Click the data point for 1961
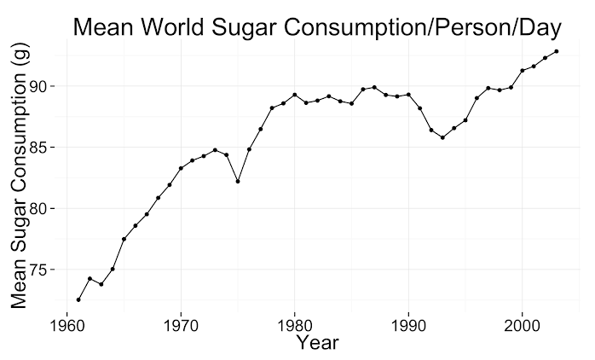(x=78, y=299)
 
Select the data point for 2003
(x=557, y=51)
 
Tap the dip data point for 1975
(x=238, y=181)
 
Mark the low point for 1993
(x=442, y=137)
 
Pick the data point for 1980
(x=294, y=95)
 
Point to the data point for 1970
(x=181, y=168)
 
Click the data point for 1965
(x=124, y=239)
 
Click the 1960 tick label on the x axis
(x=67, y=325)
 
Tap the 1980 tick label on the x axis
(x=294, y=325)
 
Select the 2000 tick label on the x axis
(x=522, y=325)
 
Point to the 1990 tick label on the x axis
(x=408, y=325)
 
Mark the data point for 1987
(x=374, y=87)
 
